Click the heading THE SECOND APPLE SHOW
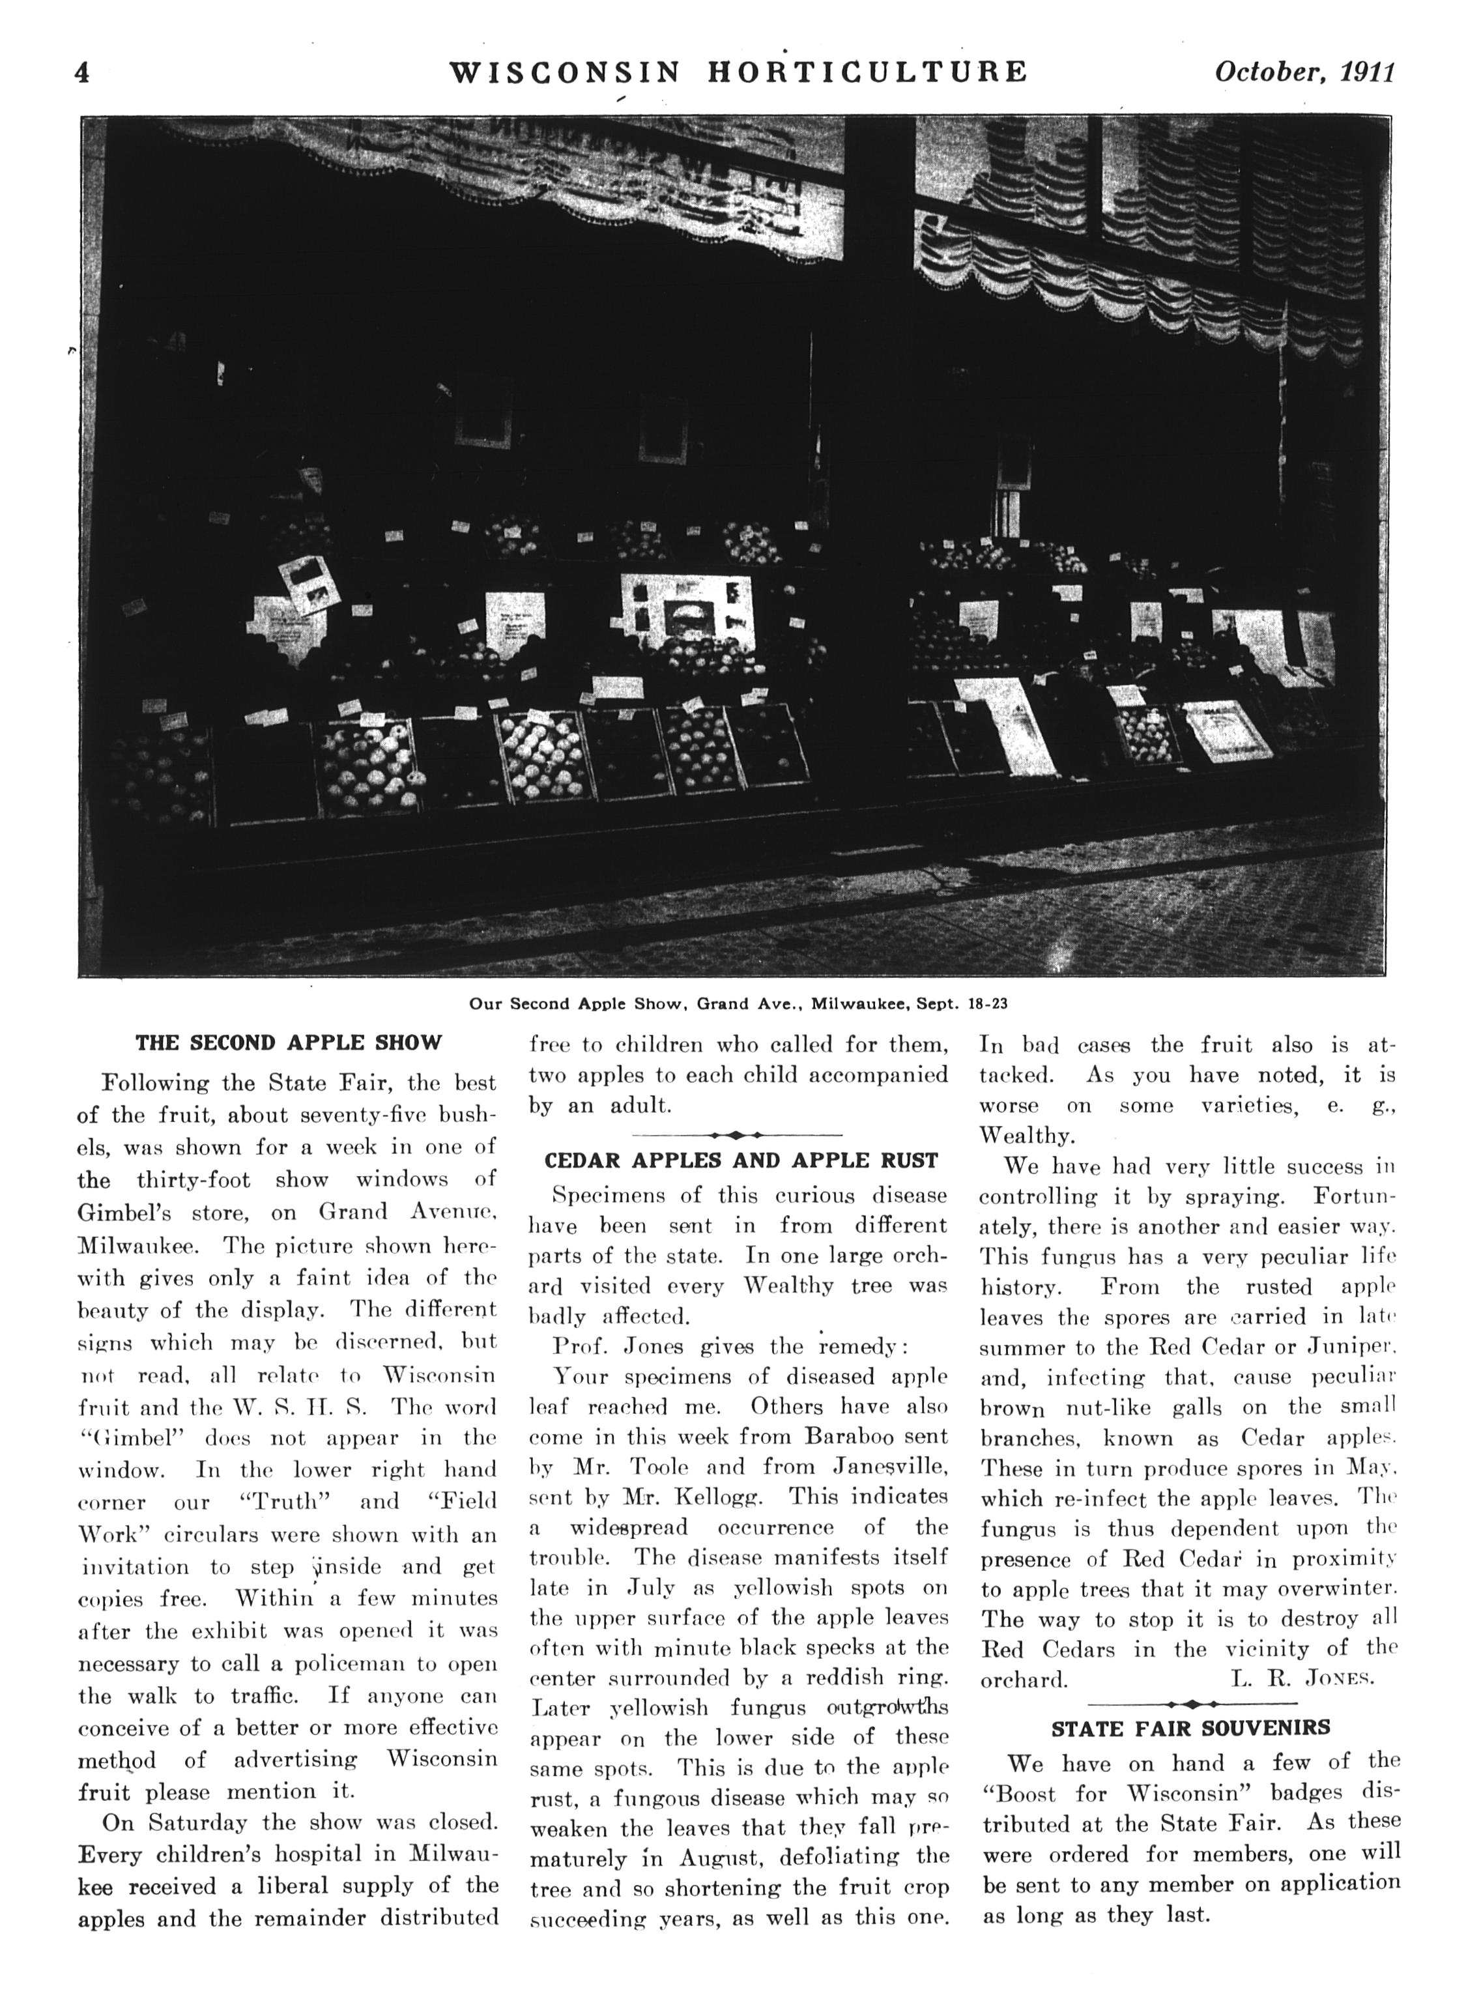coord(289,1043)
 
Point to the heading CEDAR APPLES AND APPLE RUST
coord(741,1160)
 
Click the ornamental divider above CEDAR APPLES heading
coord(737,1135)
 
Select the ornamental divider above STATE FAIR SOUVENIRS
coord(1192,1703)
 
